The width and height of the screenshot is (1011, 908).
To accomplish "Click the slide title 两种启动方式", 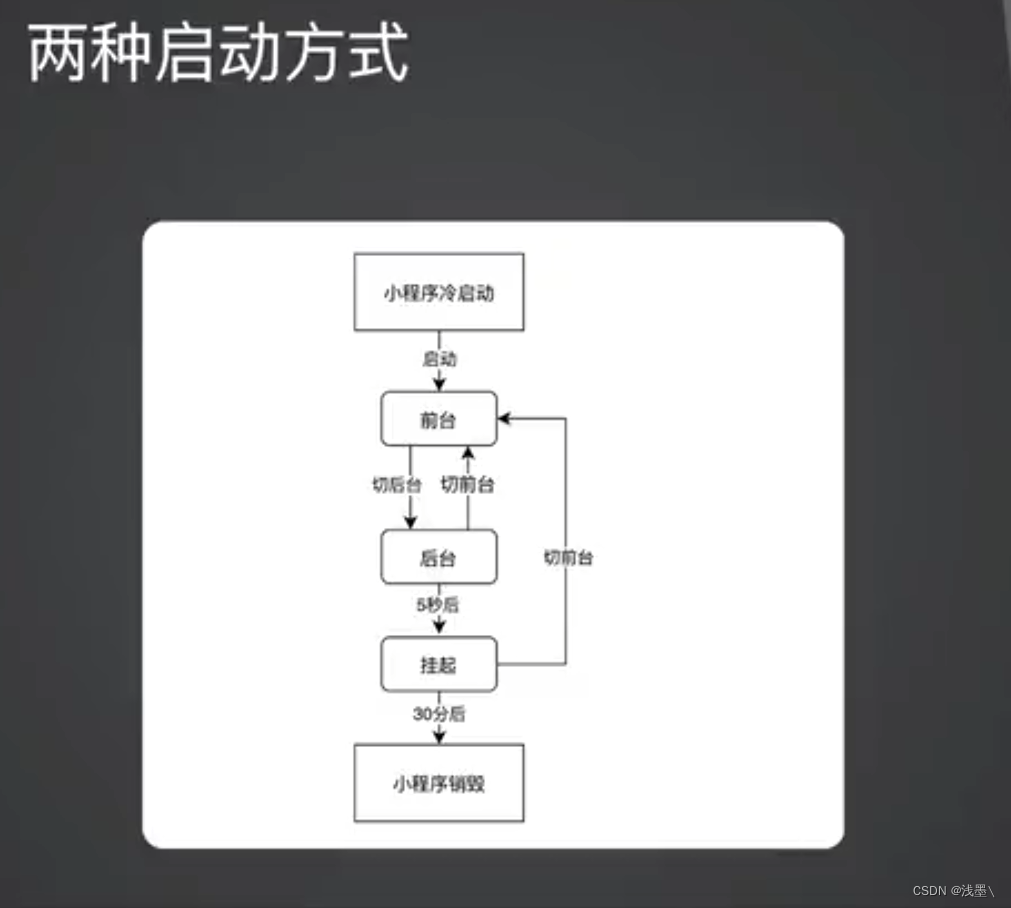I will click(218, 53).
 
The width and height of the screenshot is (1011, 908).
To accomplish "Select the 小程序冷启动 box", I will click(439, 293).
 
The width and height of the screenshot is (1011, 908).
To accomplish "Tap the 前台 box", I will click(439, 420).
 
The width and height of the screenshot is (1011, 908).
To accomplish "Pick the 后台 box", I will click(439, 558).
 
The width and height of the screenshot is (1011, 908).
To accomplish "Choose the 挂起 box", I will click(439, 665).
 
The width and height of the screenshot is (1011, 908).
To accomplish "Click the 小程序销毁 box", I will click(439, 784).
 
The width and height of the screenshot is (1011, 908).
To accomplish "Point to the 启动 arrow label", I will click(439, 359).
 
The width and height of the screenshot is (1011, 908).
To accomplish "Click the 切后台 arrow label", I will click(397, 485).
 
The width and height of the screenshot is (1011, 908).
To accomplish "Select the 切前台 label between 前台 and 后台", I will click(468, 485).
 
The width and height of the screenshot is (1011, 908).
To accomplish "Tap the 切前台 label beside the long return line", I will click(568, 558).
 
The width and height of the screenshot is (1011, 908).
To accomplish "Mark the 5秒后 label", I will click(438, 605).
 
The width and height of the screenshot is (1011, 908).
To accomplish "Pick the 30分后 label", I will click(439, 714).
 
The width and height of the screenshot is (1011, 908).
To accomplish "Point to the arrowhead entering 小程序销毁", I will click(439, 737).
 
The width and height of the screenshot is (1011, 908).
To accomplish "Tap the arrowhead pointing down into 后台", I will click(410, 523).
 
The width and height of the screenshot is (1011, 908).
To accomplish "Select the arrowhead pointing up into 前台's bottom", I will click(468, 453).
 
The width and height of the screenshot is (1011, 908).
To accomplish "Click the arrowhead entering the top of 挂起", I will click(439, 628).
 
